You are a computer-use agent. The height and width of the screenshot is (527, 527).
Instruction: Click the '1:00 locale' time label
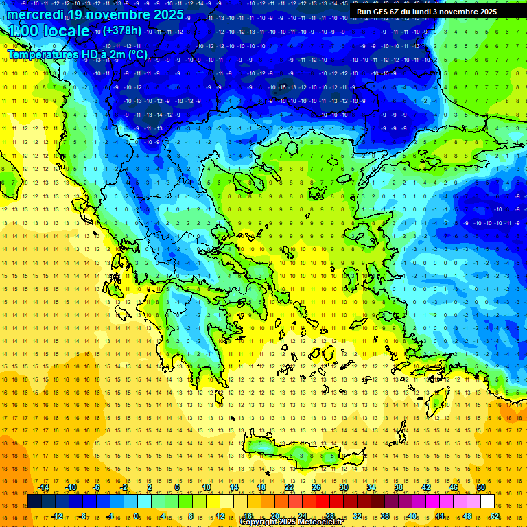(48, 31)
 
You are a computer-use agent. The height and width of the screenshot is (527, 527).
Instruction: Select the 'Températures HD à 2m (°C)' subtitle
(77, 54)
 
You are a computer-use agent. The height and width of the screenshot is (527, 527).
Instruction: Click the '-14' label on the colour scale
(43, 487)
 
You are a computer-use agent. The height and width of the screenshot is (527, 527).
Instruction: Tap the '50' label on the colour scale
(481, 487)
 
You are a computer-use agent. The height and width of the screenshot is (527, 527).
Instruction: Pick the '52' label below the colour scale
(495, 516)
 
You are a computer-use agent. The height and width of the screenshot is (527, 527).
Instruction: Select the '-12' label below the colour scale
(57, 516)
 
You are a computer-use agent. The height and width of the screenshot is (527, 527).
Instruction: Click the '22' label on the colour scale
(289, 487)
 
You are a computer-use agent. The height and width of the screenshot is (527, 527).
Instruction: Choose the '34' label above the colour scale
(371, 487)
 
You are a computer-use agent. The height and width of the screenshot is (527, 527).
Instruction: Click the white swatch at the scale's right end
(487, 502)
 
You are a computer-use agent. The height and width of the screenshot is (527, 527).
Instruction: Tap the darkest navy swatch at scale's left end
(34, 502)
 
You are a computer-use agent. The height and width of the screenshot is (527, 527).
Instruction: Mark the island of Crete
(295, 453)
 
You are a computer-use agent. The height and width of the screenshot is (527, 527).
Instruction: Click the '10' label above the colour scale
(207, 487)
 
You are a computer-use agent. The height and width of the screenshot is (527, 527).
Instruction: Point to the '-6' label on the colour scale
(97, 487)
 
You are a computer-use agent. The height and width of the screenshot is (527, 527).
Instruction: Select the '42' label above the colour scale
(426, 487)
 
